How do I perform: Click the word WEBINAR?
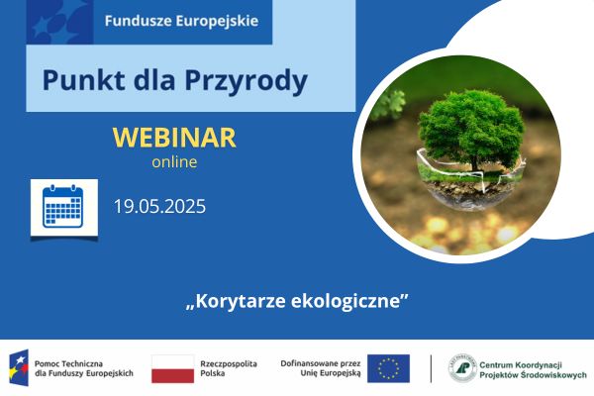click(175, 138)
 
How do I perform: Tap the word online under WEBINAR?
click(174, 161)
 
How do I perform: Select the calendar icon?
click(63, 208)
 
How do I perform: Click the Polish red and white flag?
click(172, 368)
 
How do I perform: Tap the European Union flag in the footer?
click(387, 368)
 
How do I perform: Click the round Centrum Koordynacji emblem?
click(461, 368)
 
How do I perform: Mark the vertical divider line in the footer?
click(431, 368)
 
